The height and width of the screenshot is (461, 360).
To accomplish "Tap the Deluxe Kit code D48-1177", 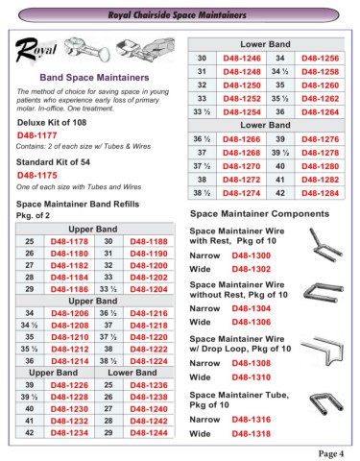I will [39, 136].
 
